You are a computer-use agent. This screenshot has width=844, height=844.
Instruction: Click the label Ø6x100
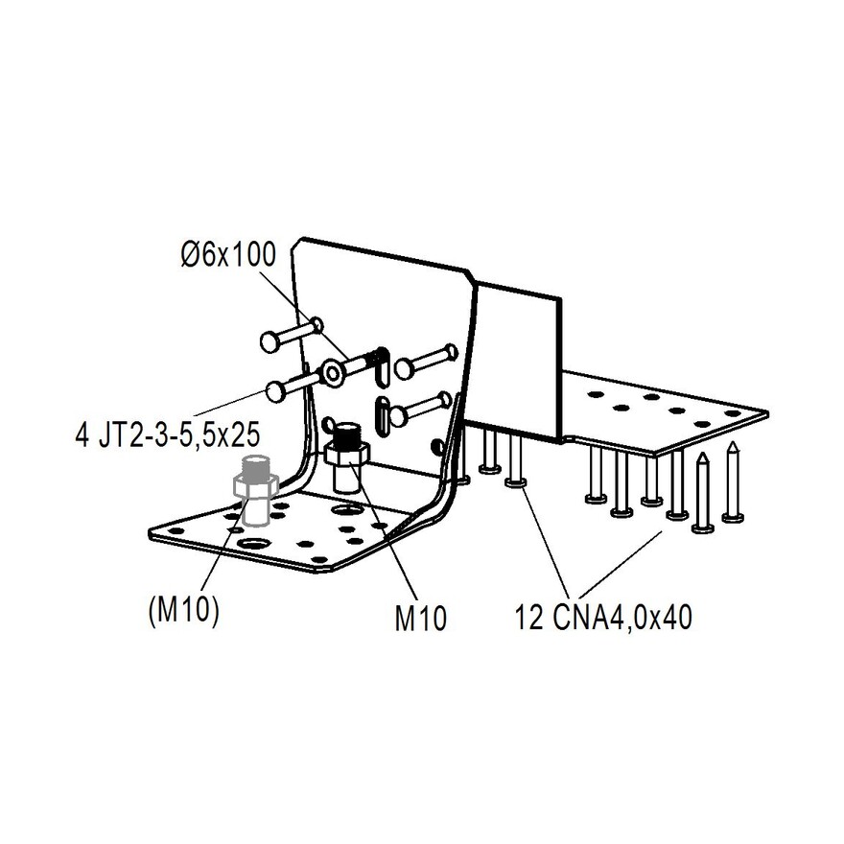[228, 256]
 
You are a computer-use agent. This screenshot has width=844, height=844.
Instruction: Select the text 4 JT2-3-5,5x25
[167, 435]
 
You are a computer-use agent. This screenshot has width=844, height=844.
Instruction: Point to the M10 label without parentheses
[421, 618]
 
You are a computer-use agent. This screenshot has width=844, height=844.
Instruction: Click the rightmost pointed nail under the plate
[733, 484]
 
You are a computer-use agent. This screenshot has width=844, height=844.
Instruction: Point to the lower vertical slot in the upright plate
[382, 413]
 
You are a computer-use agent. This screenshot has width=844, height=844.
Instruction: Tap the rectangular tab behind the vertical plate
[518, 360]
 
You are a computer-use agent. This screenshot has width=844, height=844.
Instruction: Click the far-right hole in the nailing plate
[733, 413]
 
